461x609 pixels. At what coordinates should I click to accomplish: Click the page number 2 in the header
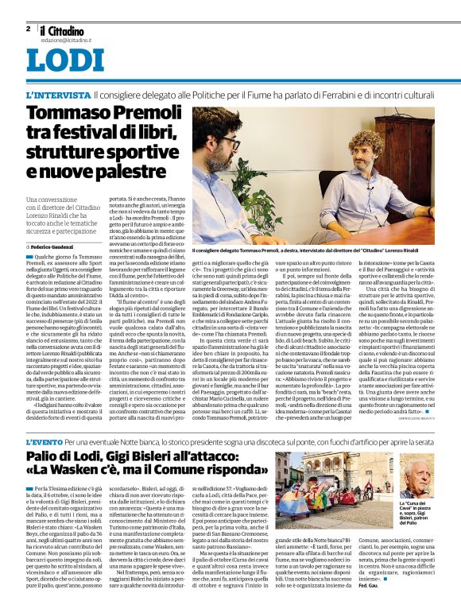tap(28, 28)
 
